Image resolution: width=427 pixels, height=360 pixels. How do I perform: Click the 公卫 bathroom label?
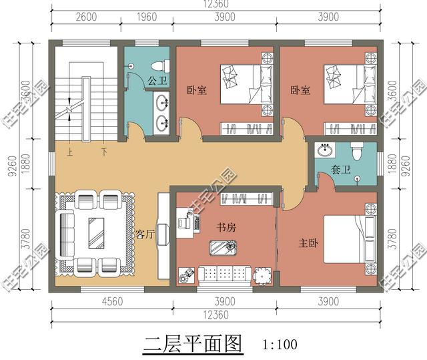(157, 81)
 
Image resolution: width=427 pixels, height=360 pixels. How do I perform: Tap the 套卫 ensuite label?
(340, 170)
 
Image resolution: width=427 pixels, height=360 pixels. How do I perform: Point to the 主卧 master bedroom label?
(308, 243)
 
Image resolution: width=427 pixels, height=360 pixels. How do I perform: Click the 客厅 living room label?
(145, 234)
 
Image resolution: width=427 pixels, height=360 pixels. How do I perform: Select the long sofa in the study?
(226, 274)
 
